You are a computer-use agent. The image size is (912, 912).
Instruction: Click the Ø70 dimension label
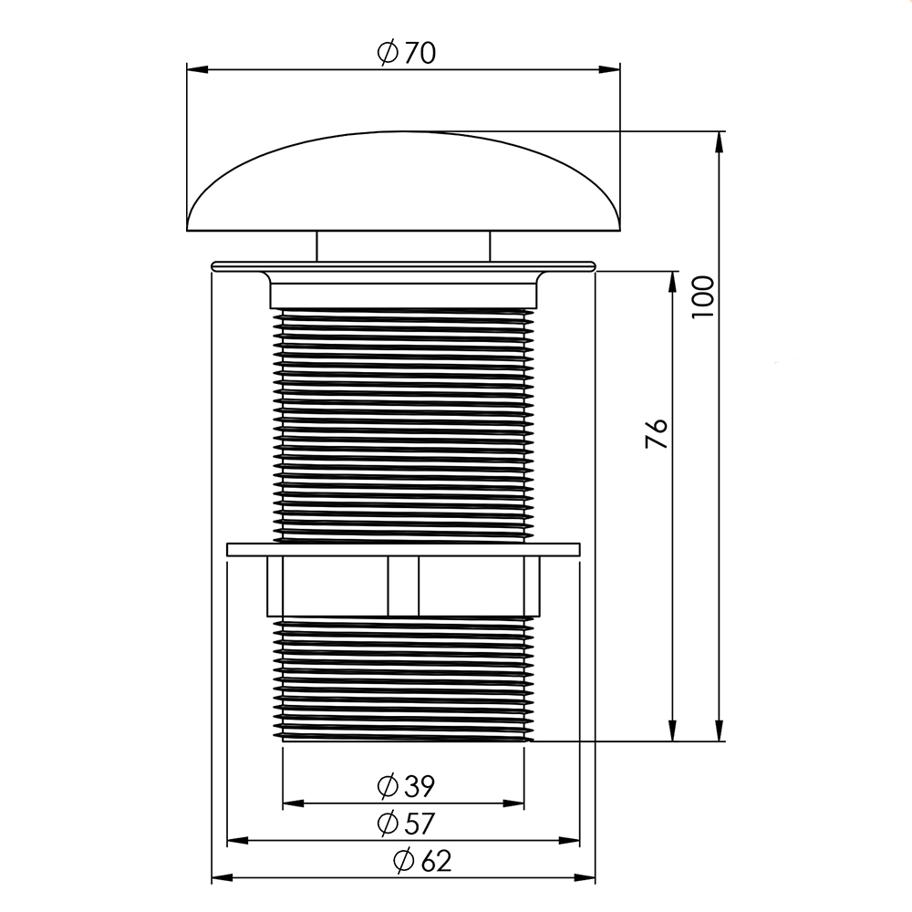pos(406,53)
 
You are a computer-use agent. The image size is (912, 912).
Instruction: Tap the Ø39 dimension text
pos(406,786)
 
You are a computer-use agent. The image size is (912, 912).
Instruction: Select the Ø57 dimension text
pos(406,824)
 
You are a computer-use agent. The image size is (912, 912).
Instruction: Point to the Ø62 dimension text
pos(422,861)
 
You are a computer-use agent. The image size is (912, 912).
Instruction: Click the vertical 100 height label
pos(703,296)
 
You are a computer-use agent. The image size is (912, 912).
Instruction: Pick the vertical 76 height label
pos(657,433)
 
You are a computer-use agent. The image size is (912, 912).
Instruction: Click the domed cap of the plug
pos(403,181)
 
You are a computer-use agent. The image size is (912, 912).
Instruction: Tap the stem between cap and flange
pos(403,246)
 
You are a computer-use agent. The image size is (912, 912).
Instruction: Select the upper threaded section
pos(403,425)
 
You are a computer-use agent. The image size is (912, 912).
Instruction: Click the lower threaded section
pos(403,679)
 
